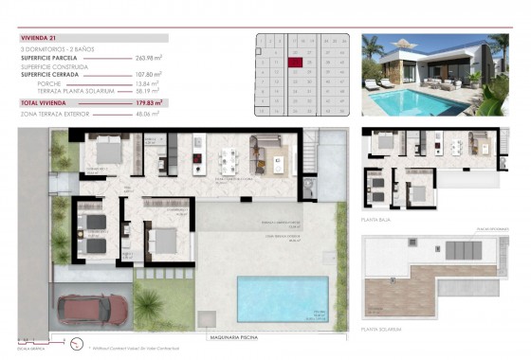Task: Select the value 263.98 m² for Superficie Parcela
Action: click(149, 58)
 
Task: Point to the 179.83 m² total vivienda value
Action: click(149, 101)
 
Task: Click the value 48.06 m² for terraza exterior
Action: click(149, 113)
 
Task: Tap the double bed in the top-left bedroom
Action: click(103, 152)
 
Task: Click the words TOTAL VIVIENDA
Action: click(46, 101)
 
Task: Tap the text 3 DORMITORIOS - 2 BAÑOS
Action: click(59, 49)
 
